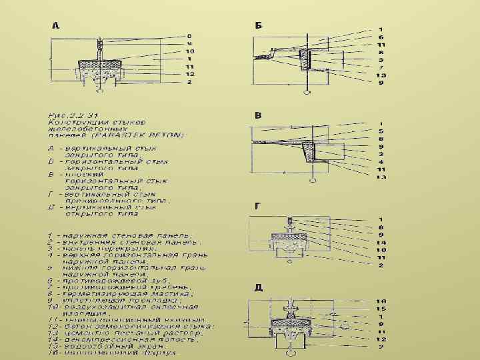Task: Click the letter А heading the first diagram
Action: pyautogui.click(x=56, y=26)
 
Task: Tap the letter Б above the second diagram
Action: pyautogui.click(x=259, y=25)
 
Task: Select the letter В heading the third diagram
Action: pyautogui.click(x=258, y=115)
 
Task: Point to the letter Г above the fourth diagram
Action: pyautogui.click(x=257, y=206)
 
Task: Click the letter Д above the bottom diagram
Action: pyautogui.click(x=259, y=287)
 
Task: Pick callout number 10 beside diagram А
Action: pyautogui.click(x=189, y=51)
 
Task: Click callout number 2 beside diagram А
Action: pyautogui.click(x=189, y=83)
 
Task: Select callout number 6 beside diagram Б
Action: pyautogui.click(x=381, y=37)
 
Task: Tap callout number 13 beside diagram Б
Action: pyautogui.click(x=381, y=75)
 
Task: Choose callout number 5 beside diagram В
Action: pyautogui.click(x=381, y=131)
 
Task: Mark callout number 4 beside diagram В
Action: pyautogui.click(x=381, y=161)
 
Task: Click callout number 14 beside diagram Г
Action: pyautogui.click(x=381, y=243)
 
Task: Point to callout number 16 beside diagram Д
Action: pyautogui.click(x=381, y=301)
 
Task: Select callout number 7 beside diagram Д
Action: pyautogui.click(x=381, y=347)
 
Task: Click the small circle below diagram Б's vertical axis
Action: pyautogui.click(x=307, y=93)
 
